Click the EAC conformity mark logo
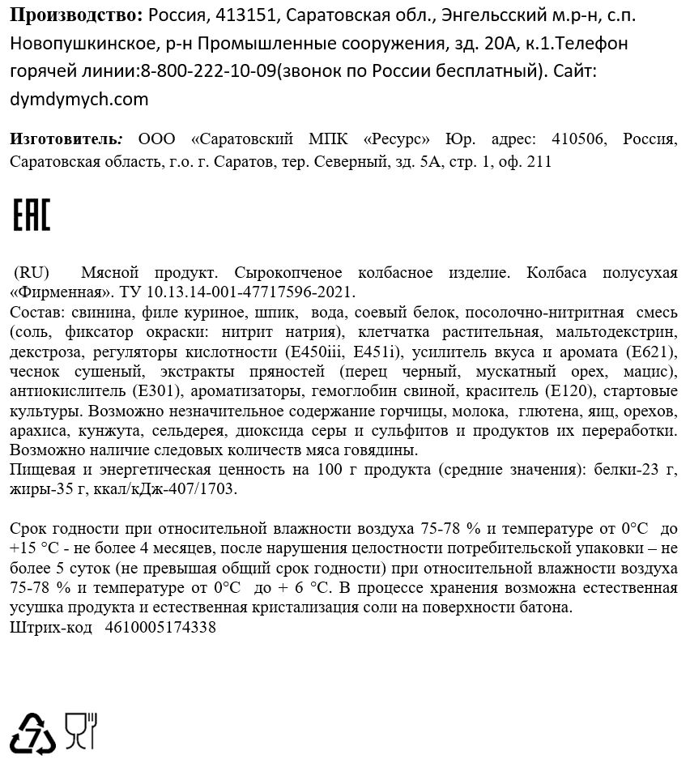pos(32,213)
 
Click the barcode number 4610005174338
pos(160,626)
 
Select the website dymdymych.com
pos(79,100)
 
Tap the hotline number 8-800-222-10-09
pos(208,71)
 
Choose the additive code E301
pos(154,391)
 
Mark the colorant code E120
pos(573,391)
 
